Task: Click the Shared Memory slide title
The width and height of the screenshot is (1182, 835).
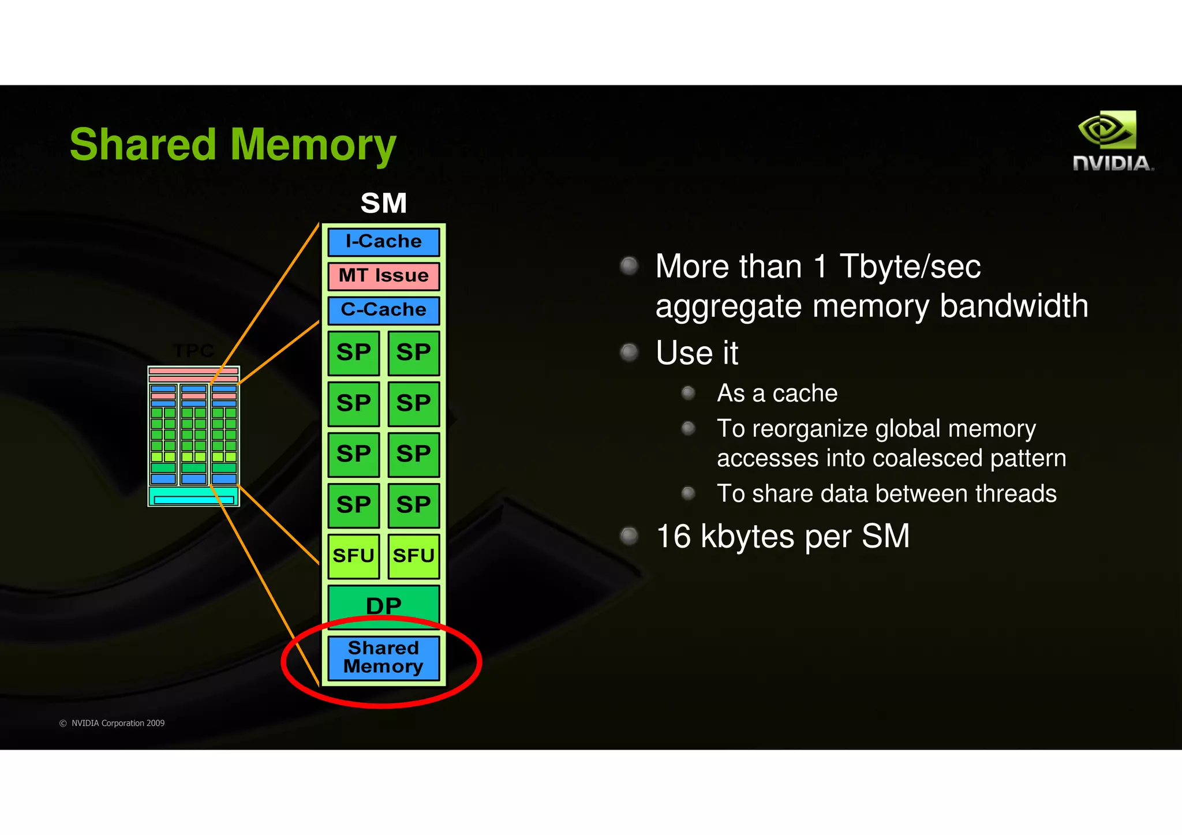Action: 233,144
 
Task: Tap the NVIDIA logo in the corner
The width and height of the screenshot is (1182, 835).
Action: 1113,141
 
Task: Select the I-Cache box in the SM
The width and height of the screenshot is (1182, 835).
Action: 383,241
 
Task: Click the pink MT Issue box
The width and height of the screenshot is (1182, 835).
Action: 383,276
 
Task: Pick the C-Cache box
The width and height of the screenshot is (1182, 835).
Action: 383,310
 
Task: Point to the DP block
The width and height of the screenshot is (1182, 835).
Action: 383,605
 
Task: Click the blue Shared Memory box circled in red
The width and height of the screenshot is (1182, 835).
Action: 383,657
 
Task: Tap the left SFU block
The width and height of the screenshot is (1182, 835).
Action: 353,556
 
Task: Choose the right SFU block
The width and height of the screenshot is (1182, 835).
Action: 413,556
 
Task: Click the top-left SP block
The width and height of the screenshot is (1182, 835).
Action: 353,353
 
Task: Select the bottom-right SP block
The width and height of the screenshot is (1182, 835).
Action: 413,505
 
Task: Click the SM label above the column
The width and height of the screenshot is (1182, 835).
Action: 383,203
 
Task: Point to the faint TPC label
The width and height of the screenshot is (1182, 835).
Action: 193,351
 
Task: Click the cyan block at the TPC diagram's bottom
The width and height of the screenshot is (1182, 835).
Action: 193,497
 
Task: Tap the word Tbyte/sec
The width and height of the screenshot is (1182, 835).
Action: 910,267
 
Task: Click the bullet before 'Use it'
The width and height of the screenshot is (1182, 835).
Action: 629,352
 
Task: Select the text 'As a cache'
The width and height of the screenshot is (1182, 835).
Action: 777,394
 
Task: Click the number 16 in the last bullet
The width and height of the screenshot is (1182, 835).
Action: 674,536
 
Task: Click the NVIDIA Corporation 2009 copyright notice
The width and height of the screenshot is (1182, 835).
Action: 113,723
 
